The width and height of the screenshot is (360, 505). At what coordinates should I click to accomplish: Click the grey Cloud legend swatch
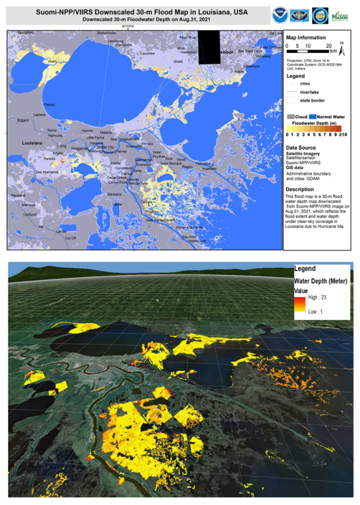pos(291,117)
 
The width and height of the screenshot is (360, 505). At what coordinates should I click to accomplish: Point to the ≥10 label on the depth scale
pos(344,134)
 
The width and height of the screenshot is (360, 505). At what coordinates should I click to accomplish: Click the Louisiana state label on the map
pos(32,143)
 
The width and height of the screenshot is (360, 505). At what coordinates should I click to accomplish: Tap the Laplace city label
pos(40,114)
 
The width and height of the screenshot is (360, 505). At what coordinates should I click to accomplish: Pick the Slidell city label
pos(178,61)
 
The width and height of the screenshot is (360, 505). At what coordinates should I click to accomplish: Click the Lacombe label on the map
pos(148,54)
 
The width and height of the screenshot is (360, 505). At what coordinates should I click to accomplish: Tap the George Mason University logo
pos(342,15)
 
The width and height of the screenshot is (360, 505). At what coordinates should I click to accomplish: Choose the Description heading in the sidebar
pos(300,189)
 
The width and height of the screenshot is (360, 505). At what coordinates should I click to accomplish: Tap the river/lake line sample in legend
pos(292,91)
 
